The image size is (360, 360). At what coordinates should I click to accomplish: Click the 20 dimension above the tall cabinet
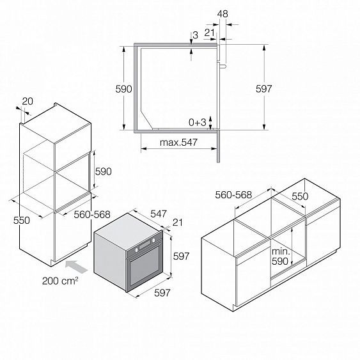point(28,100)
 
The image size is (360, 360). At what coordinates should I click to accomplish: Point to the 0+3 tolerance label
point(198,121)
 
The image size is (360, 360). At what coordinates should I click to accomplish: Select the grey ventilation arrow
point(74,263)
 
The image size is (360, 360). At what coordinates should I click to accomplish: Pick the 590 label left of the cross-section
point(124,89)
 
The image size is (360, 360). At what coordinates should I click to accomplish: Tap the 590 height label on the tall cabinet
point(104,171)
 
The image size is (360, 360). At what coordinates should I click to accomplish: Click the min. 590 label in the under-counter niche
point(281,256)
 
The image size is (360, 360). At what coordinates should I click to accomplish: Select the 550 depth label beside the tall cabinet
point(22,220)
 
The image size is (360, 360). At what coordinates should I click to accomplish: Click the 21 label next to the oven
point(178,222)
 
